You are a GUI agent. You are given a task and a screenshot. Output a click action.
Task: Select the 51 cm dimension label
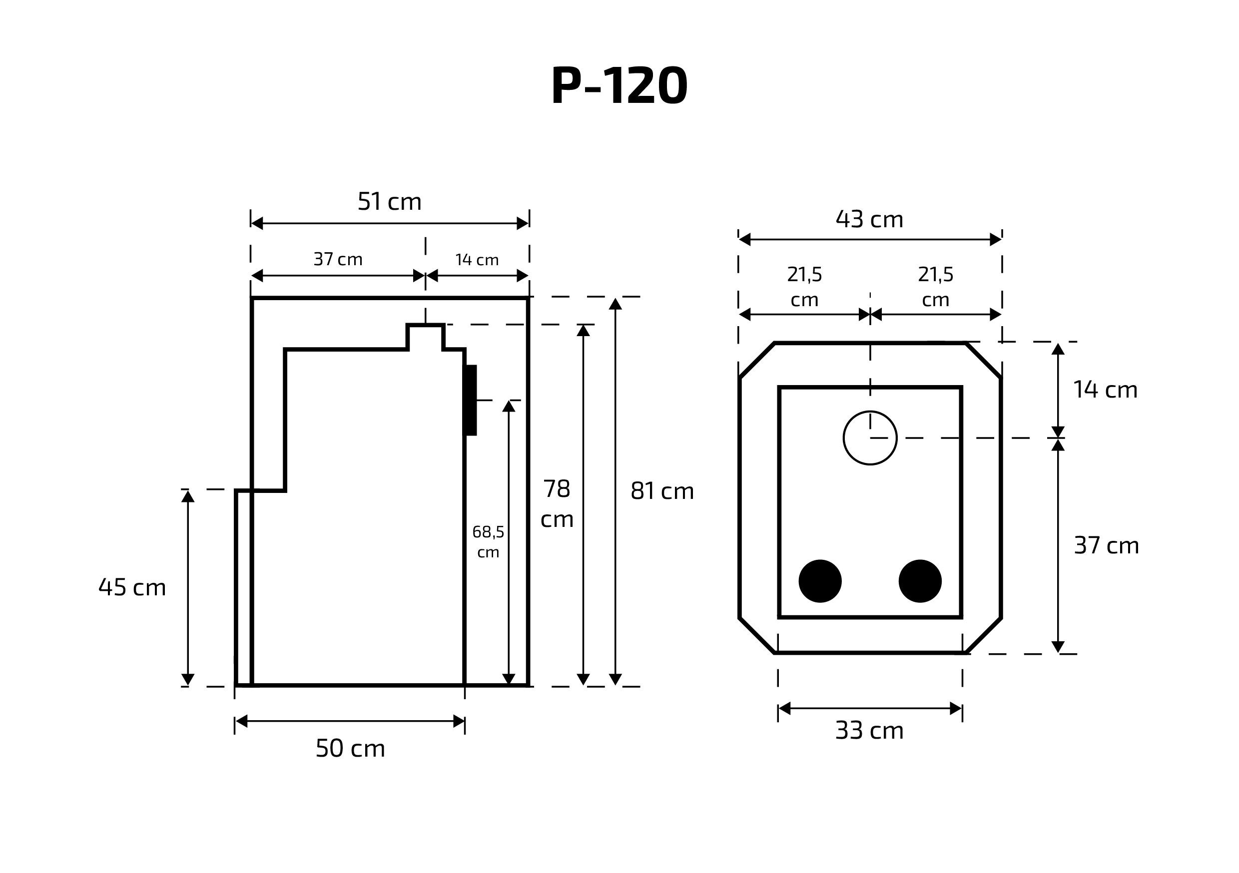pyautogui.click(x=389, y=202)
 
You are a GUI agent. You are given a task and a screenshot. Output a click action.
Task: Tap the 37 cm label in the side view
pyautogui.click(x=338, y=260)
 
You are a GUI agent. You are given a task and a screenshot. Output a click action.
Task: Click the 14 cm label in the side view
pyautogui.click(x=477, y=260)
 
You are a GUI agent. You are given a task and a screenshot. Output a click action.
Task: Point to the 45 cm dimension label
pyautogui.click(x=132, y=587)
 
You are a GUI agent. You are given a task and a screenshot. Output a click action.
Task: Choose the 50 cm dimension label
pyautogui.click(x=350, y=748)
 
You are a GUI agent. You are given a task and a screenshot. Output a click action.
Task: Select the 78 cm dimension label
pyautogui.click(x=557, y=504)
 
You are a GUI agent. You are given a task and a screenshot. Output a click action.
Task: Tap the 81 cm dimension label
pyautogui.click(x=662, y=491)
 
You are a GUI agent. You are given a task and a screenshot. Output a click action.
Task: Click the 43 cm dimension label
pyautogui.click(x=869, y=219)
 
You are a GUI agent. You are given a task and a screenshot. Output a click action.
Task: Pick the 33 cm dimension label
pyautogui.click(x=869, y=731)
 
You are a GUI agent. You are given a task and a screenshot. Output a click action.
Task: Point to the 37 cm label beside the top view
pyautogui.click(x=1106, y=545)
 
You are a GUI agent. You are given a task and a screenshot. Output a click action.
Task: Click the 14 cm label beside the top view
pyautogui.click(x=1105, y=390)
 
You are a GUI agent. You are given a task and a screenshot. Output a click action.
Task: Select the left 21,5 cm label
pyautogui.click(x=804, y=287)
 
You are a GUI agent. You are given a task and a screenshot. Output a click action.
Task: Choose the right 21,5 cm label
pyautogui.click(x=935, y=287)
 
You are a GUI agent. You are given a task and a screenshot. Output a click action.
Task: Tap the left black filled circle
pyautogui.click(x=820, y=581)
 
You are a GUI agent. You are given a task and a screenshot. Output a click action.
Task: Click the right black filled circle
pyautogui.click(x=920, y=581)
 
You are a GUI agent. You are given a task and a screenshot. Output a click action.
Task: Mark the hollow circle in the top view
pyautogui.click(x=870, y=437)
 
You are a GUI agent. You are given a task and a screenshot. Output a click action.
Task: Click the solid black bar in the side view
pyautogui.click(x=471, y=400)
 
